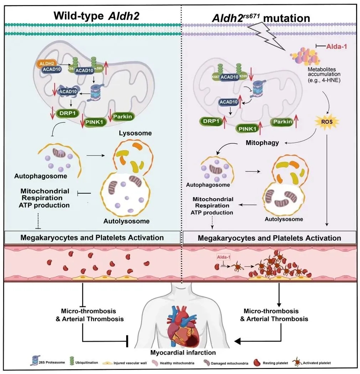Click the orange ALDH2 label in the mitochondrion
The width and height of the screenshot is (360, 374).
click(45, 63)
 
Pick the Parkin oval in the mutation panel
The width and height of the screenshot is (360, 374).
click(282, 122)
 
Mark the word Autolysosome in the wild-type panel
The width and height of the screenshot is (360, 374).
click(126, 221)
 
